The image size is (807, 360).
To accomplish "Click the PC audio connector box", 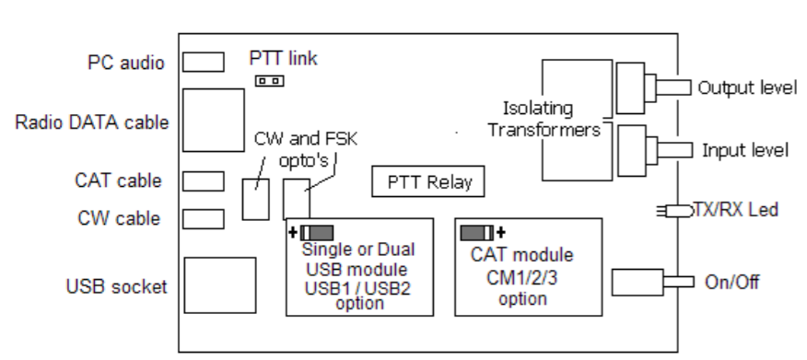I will [x=203, y=62].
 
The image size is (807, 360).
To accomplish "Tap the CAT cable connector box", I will [x=203, y=180].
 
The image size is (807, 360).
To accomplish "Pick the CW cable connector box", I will [x=203, y=218].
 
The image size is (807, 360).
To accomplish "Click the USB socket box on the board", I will [x=219, y=286].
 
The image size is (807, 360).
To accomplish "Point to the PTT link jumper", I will [x=269, y=81].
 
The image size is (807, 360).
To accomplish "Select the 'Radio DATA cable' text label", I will [x=92, y=122].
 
